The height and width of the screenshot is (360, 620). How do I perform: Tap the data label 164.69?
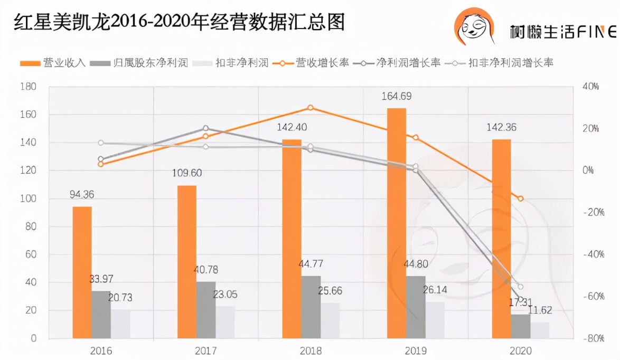pos(397,97)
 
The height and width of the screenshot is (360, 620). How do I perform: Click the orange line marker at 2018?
pos(311,108)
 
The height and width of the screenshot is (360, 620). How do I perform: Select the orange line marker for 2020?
pos(520,199)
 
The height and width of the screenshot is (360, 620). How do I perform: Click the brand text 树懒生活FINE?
pos(563,32)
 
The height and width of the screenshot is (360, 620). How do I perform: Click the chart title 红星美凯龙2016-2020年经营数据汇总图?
pos(180,22)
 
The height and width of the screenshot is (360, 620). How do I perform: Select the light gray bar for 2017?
pos(226,322)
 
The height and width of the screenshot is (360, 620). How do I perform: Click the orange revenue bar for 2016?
pos(82,272)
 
